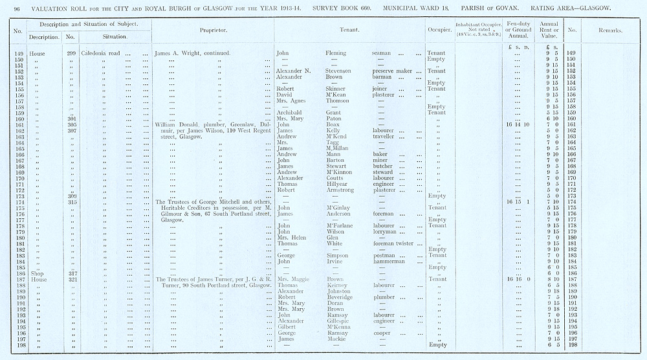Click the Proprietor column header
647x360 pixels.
[213, 30]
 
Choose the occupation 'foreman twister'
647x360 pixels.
[397, 243]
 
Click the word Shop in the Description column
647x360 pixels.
[38, 274]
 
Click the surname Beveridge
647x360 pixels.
[340, 297]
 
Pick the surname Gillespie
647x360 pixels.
[339, 321]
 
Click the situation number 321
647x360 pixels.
[72, 280]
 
